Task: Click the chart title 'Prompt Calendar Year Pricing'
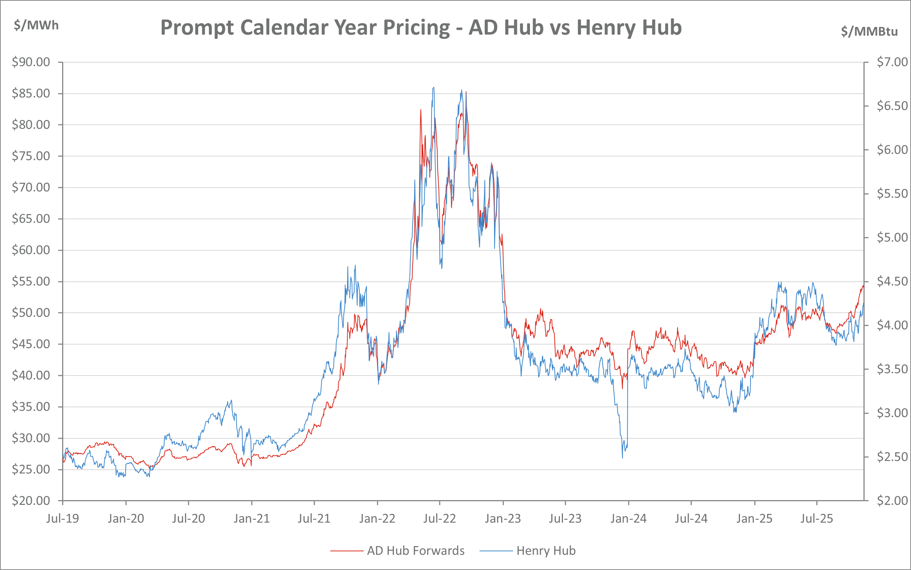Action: point(421,28)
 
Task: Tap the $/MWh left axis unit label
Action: point(36,25)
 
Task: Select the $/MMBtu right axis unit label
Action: point(869,31)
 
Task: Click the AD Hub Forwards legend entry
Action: point(415,551)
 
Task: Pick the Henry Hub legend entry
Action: point(546,551)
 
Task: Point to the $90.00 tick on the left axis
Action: point(31,62)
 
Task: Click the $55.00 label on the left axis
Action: point(31,281)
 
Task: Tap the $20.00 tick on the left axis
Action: point(31,500)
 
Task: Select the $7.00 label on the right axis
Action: point(892,62)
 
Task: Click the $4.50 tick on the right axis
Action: point(892,281)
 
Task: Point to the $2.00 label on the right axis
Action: point(892,500)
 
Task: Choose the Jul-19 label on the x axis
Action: point(63,519)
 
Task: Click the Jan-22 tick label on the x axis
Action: point(377,519)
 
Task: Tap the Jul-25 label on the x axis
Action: point(817,519)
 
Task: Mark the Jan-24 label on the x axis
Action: point(628,519)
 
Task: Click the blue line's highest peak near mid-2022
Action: point(434,87)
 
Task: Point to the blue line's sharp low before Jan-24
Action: point(622,457)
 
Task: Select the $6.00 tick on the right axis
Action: point(892,150)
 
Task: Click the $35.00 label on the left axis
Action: point(31,407)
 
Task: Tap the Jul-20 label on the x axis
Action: point(188,519)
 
